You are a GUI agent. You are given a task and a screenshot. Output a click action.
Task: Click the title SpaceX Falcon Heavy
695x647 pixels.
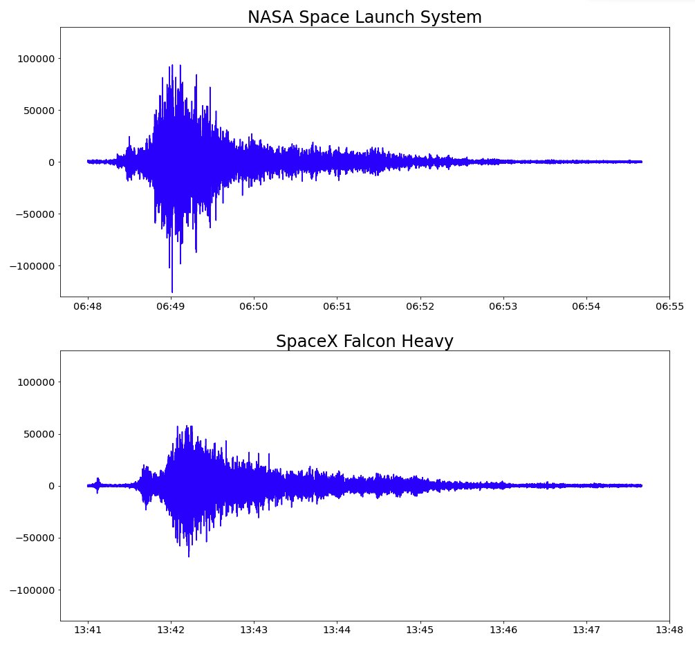click(364, 341)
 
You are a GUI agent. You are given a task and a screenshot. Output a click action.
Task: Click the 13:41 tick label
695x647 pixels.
click(87, 630)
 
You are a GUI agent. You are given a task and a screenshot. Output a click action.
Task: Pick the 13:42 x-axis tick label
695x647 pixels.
click(170, 630)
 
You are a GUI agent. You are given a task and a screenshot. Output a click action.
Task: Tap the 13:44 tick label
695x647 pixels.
click(337, 630)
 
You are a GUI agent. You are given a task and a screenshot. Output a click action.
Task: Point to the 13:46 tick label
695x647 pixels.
click(503, 630)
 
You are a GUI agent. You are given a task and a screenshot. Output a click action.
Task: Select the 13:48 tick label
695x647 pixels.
click(669, 630)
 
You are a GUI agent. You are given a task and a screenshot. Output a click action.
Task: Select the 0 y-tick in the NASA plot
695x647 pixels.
click(51, 162)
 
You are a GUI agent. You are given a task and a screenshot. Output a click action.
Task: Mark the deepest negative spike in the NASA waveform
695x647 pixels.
click(172, 291)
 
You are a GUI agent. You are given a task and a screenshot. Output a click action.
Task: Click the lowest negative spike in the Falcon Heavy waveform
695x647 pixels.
click(189, 556)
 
